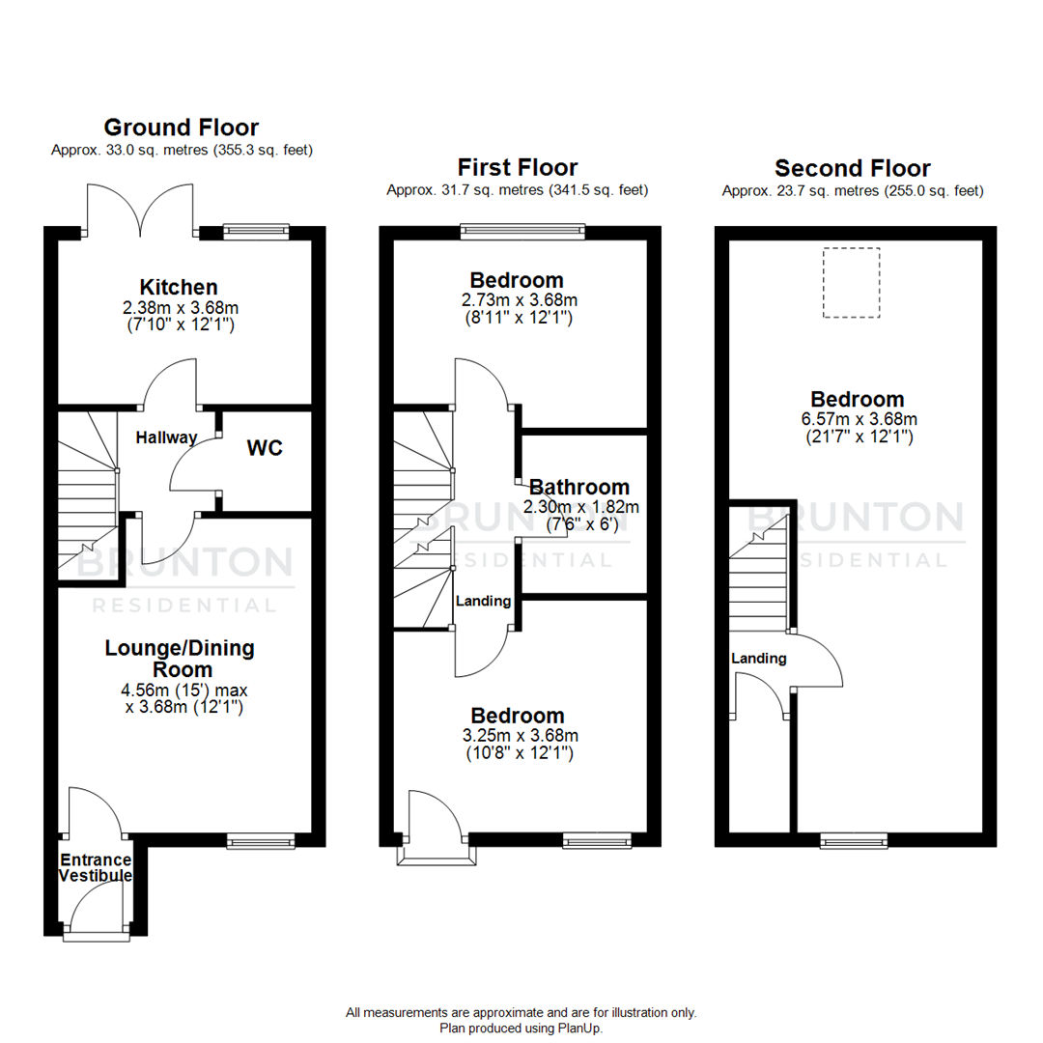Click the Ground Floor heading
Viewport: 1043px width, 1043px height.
point(182,127)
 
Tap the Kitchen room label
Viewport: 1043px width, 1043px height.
point(179,287)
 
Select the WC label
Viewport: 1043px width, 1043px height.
point(265,449)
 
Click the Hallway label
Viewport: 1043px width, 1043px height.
point(166,437)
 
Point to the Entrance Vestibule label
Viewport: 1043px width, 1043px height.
point(96,867)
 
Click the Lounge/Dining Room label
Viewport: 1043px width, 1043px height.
point(180,658)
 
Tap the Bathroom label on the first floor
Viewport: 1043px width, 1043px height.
point(579,487)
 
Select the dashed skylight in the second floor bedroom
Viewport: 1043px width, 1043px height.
point(851,282)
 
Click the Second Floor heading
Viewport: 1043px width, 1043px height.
point(853,168)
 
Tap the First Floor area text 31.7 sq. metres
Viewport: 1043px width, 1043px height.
point(518,190)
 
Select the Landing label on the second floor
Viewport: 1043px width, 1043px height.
point(759,659)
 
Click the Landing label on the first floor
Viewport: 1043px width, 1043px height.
point(483,601)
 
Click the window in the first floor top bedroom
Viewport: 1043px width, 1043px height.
point(522,230)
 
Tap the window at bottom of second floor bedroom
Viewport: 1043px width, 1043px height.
point(854,841)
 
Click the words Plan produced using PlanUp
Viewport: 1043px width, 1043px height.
point(521,1029)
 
